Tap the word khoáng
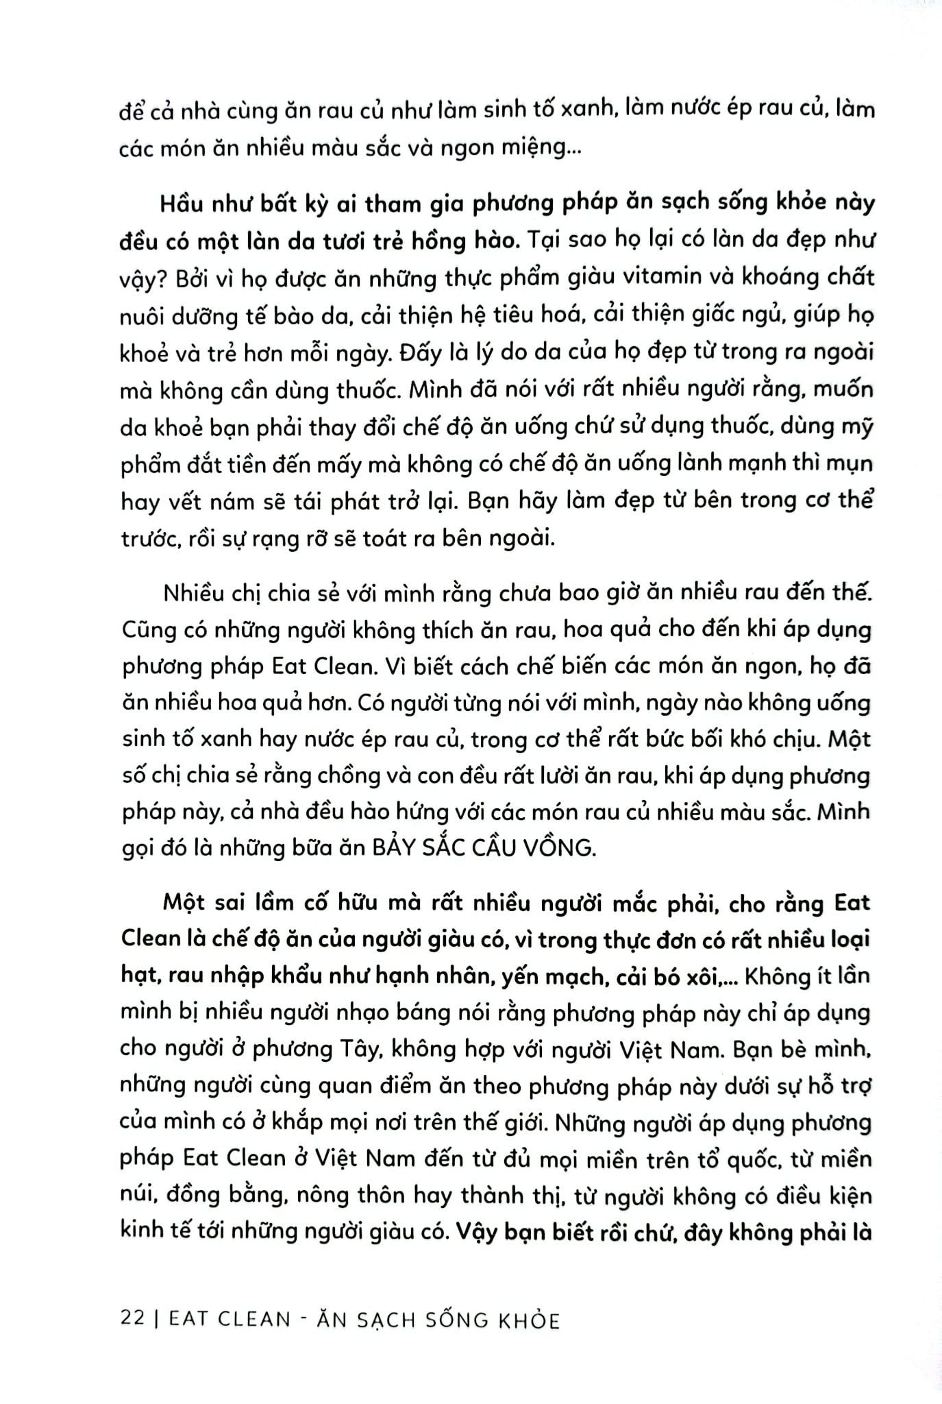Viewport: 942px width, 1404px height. [767, 278]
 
